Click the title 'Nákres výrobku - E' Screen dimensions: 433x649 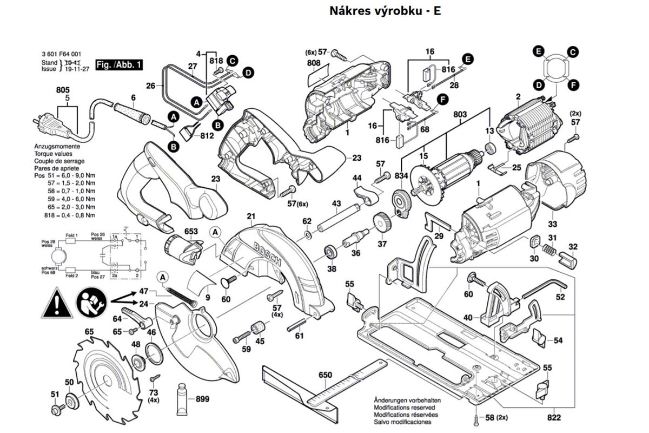pyautogui.click(x=385, y=10)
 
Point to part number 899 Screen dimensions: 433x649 pyautogui.click(x=202, y=399)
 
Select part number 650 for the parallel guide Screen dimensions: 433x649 pyautogui.click(x=325, y=375)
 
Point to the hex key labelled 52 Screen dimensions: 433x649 pyautogui.click(x=544, y=287)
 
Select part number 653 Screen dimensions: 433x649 pyautogui.click(x=191, y=231)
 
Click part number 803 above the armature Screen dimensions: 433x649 pyautogui.click(x=460, y=115)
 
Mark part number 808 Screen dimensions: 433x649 pyautogui.click(x=314, y=63)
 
